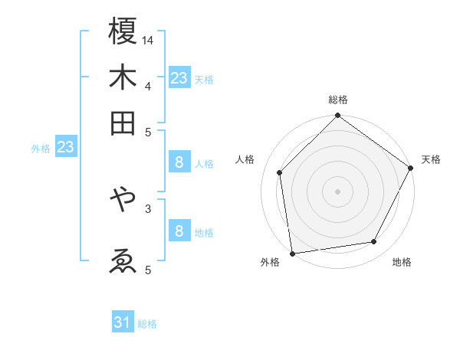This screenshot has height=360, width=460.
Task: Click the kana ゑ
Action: coord(123,261)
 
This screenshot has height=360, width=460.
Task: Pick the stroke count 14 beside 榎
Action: coord(149,39)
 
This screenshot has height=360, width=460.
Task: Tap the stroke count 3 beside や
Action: coord(148,208)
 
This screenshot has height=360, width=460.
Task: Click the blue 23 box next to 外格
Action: coord(65,147)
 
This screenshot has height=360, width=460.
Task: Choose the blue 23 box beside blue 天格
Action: coord(179,78)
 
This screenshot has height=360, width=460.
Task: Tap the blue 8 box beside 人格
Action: coord(179,162)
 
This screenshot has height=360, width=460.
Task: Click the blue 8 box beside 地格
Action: coord(179,231)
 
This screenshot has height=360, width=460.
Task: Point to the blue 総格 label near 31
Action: coord(147,324)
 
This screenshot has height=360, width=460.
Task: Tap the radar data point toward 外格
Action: coord(292,253)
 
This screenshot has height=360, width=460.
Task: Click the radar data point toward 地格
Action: coord(374,241)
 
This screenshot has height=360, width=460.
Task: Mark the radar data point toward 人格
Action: coord(280,172)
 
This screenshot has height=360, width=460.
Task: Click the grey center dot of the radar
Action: coord(338,191)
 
